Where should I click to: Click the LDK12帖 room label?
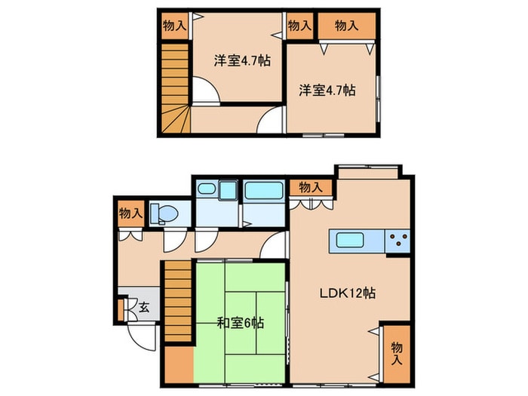[x=348, y=293]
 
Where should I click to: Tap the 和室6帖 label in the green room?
[x=241, y=324]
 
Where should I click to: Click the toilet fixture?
[x=164, y=213]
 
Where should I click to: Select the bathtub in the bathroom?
[x=264, y=191]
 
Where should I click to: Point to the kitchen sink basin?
[x=350, y=241]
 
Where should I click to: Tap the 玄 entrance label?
[x=144, y=307]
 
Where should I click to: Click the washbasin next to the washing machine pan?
[x=206, y=189]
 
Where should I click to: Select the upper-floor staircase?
[x=175, y=88]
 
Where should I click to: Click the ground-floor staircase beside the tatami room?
[x=178, y=302]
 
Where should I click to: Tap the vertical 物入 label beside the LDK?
[x=397, y=354]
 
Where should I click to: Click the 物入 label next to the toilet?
[x=130, y=213]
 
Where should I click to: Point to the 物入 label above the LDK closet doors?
[x=311, y=188]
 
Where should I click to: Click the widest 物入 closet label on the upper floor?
[x=346, y=26]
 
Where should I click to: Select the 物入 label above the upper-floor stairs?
[x=174, y=26]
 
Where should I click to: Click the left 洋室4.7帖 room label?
[x=242, y=61]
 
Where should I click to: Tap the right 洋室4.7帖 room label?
[x=327, y=91]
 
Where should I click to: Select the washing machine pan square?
[x=228, y=190]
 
